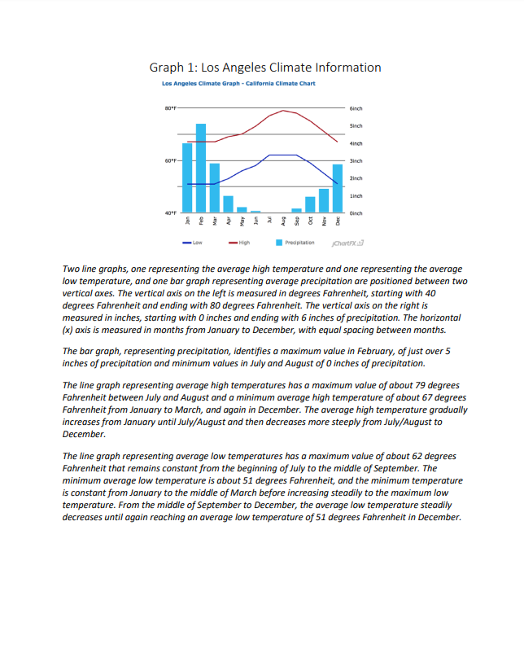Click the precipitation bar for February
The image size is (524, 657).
(x=200, y=169)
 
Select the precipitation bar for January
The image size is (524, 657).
(x=187, y=178)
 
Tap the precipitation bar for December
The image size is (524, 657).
(x=338, y=189)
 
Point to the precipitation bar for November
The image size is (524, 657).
(x=324, y=200)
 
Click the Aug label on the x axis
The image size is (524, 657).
(x=283, y=221)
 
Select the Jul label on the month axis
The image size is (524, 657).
(x=269, y=221)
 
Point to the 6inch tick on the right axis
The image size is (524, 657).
(x=356, y=107)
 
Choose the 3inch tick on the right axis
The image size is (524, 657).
(x=356, y=160)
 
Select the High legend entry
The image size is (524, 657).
(x=239, y=243)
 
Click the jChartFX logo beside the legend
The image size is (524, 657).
(x=348, y=243)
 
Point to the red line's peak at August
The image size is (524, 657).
(x=283, y=110)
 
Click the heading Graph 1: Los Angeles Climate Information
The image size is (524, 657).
(x=264, y=68)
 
